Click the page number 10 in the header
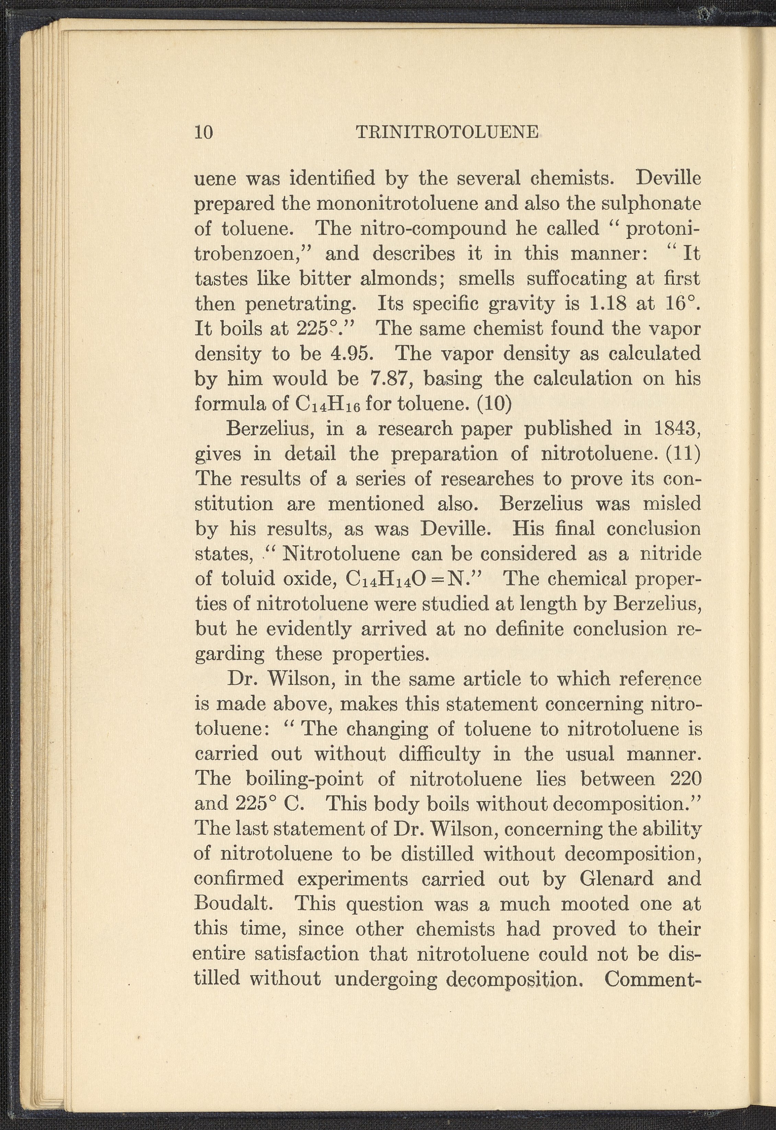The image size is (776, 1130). coord(204,132)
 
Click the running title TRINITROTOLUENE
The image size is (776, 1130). coord(447,132)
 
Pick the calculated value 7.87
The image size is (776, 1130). coord(391,379)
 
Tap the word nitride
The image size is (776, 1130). coord(671,554)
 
